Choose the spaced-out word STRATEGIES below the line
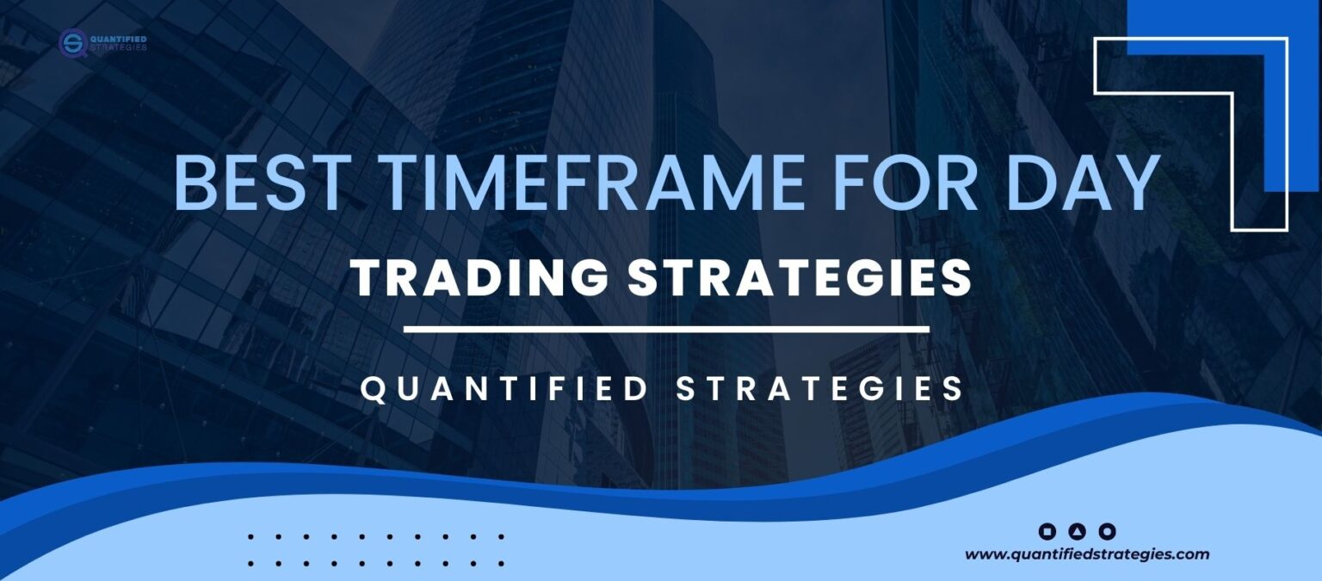click(819, 389)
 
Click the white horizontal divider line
click(666, 329)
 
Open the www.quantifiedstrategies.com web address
click(1087, 555)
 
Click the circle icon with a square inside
click(1047, 531)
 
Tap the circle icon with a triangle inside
click(1078, 531)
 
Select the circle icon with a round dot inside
click(1108, 531)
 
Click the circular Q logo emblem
click(72, 42)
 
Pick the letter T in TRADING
click(368, 279)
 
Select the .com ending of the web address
click(1193, 555)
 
